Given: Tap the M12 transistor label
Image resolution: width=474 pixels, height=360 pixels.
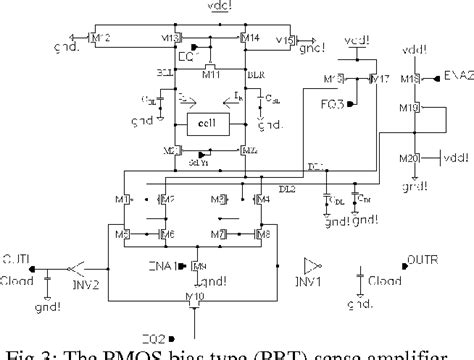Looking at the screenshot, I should coord(101,38).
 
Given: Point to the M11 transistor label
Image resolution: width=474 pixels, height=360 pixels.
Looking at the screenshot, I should coord(211,74).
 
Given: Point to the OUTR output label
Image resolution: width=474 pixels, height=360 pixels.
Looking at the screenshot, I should coord(424,261).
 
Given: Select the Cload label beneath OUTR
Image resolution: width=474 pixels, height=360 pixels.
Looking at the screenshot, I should coord(394,283).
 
